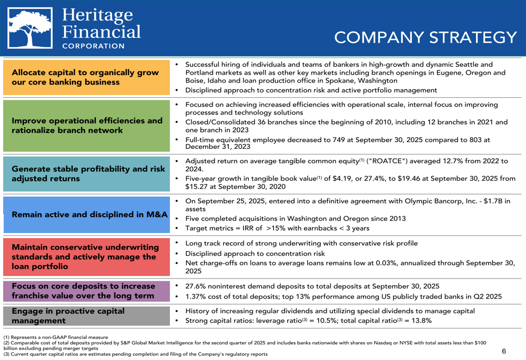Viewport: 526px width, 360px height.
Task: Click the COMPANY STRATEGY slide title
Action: pyautogui.click(x=426, y=38)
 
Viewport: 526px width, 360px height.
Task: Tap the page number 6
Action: pyautogui.click(x=503, y=351)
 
